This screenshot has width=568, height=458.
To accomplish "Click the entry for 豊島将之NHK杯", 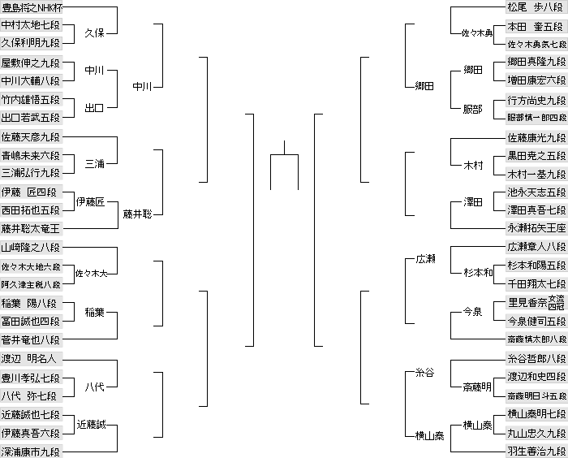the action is [32, 8].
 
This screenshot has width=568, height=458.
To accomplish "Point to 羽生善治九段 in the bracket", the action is [536, 451].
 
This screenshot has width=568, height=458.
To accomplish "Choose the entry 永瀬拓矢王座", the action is [536, 229].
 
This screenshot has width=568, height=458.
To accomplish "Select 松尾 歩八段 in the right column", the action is [536, 8].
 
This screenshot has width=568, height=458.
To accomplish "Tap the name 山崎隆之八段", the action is [30, 248].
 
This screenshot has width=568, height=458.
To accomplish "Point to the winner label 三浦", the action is [94, 164].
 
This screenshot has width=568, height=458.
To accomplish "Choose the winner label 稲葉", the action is [94, 312].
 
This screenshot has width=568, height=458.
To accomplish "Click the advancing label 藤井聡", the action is [138, 214].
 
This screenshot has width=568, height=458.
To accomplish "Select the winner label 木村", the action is [473, 166].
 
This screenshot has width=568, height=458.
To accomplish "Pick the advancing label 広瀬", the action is [426, 258].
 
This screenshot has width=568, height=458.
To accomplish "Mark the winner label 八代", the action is [94, 387].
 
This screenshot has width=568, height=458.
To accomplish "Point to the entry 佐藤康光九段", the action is [536, 137].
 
